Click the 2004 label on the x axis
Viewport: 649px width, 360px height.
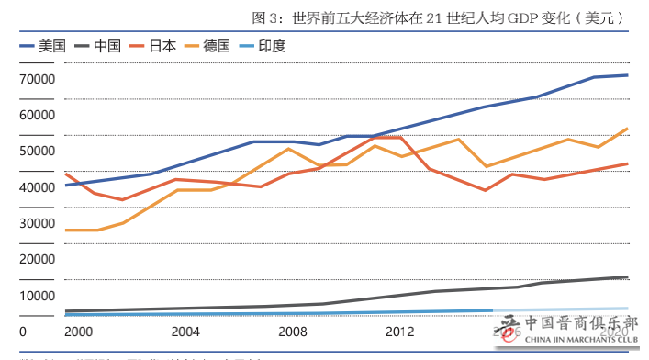(185, 332)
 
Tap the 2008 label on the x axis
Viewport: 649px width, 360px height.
(293, 332)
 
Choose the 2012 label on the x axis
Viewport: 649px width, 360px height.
(400, 332)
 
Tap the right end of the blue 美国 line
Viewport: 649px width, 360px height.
(627, 75)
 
